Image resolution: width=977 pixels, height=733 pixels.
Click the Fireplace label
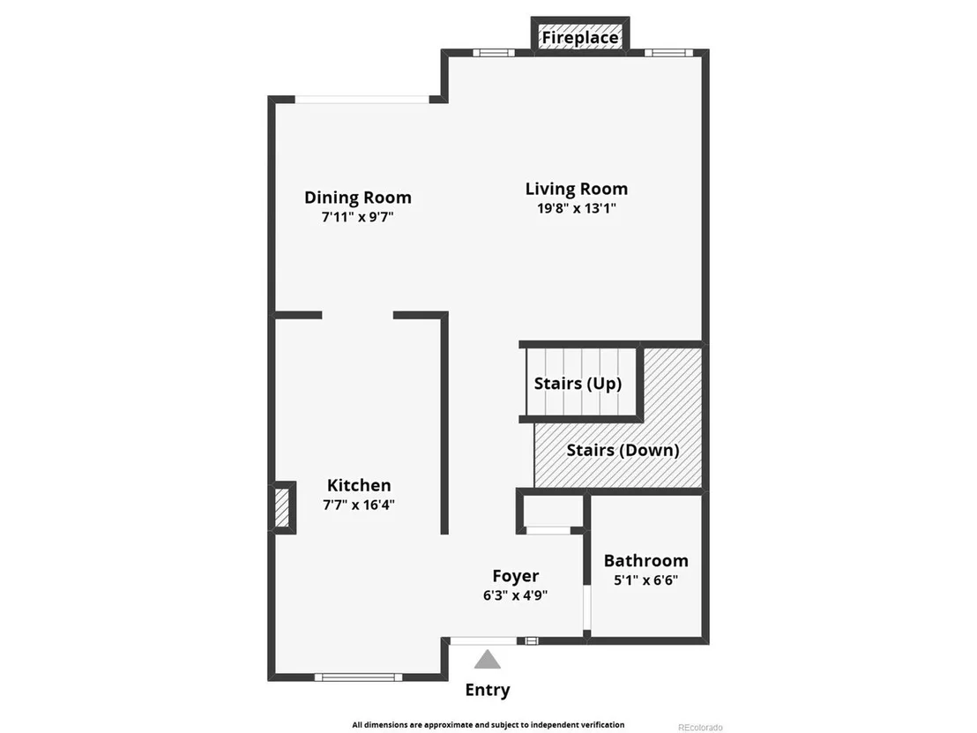580,37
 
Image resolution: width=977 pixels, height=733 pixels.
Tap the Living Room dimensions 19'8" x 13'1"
577,208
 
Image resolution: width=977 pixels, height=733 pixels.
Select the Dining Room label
358,198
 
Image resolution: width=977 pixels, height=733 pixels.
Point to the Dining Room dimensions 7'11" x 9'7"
358,217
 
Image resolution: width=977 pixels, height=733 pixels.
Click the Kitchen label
359,485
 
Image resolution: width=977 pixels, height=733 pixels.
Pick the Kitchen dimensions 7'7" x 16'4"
359,505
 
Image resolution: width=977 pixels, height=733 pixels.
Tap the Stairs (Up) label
578,384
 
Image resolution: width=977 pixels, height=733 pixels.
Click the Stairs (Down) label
623,450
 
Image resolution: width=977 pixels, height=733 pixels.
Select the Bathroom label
646,560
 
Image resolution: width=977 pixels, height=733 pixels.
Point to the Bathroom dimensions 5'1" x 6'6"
646,580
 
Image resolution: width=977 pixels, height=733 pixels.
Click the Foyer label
515,576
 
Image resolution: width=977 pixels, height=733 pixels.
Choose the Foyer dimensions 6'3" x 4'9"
515,595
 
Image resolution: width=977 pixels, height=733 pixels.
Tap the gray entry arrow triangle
488,660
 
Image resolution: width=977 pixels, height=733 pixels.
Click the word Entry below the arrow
488,690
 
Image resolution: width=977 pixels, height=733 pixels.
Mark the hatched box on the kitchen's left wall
282,507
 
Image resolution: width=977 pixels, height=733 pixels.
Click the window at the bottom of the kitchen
358,677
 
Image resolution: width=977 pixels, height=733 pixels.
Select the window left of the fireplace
494,52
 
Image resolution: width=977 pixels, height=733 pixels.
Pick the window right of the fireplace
668,52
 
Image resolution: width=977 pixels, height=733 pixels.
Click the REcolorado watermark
700,728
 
